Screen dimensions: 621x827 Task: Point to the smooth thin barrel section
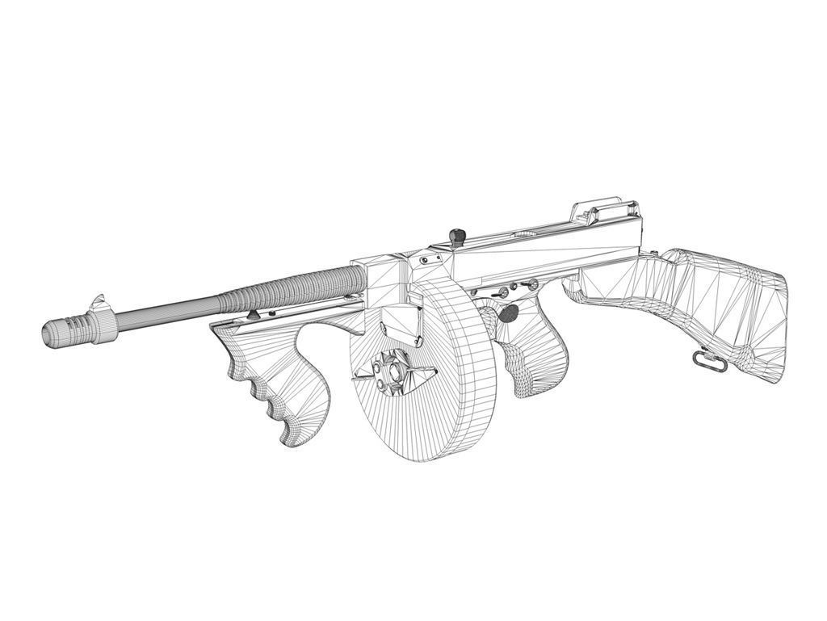coord(166,311)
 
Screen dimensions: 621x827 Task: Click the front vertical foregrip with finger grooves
coord(283,388)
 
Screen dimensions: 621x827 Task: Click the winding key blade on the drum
coord(420,374)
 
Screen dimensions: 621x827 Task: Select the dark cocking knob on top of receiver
coord(458,236)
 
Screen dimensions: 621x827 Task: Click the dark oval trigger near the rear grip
coord(509,313)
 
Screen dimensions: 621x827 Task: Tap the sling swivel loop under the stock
coord(707,360)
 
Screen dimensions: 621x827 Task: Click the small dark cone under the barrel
coord(255,314)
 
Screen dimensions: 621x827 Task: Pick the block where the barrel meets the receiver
coord(380,279)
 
